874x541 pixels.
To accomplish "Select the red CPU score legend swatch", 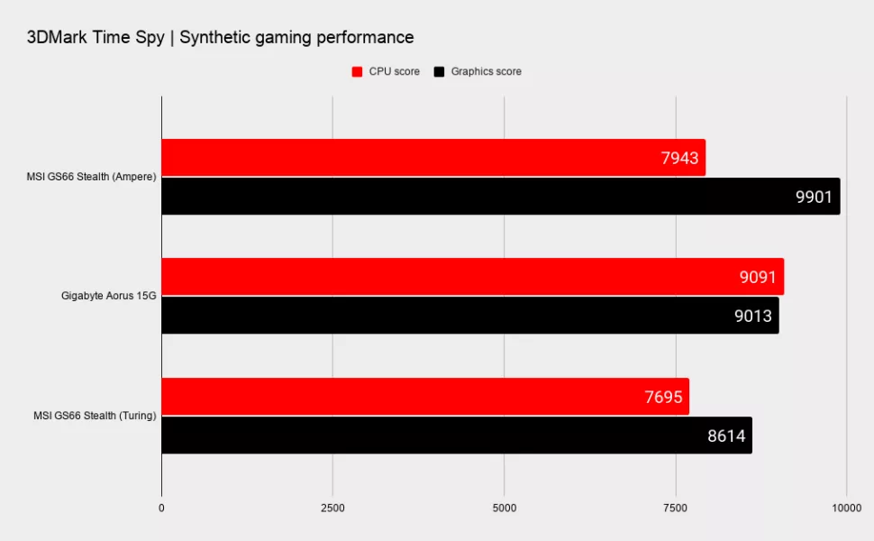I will click(x=357, y=72).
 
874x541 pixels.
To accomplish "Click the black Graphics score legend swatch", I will click(x=440, y=72).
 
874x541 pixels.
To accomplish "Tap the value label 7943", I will click(x=679, y=159).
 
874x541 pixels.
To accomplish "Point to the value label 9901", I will click(x=815, y=197).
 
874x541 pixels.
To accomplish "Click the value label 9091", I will click(x=757, y=278).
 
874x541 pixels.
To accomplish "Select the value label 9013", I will click(x=752, y=316).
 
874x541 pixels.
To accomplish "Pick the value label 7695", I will click(x=664, y=397).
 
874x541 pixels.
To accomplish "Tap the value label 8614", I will click(x=726, y=436).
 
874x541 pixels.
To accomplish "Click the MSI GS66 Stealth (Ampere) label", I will click(x=91, y=177).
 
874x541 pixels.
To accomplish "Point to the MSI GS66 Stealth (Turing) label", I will click(x=93, y=415).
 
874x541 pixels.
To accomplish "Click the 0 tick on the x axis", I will click(x=161, y=509).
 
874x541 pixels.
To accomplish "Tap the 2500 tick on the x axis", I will click(x=332, y=509).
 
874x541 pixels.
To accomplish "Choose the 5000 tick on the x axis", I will click(x=504, y=509).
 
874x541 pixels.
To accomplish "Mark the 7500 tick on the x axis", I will click(x=675, y=509).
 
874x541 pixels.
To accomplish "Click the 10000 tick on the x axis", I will click(x=846, y=509).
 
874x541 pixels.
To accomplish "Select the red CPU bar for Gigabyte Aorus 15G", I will click(x=451, y=277).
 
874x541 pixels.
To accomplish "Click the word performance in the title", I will click(x=365, y=38).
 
